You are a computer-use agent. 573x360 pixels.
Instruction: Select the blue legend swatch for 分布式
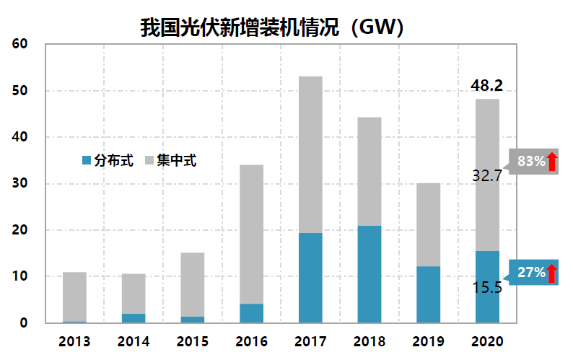(87, 160)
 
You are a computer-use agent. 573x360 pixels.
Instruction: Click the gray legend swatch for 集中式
(150, 160)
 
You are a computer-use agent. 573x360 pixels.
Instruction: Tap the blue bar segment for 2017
(310, 278)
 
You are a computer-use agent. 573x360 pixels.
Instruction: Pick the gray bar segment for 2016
(251, 234)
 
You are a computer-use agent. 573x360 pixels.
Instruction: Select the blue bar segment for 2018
(369, 274)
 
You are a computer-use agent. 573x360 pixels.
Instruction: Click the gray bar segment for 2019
(428, 224)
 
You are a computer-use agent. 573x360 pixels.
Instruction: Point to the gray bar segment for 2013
(74, 297)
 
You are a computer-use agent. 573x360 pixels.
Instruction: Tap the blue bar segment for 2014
(134, 318)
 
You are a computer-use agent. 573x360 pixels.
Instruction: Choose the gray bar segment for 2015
(192, 284)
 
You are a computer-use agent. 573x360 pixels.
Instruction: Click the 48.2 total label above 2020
(486, 86)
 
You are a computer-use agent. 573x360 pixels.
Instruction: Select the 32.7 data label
(487, 175)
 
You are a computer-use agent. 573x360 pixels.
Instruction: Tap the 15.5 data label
(487, 288)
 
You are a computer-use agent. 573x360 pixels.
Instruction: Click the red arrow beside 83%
(552, 162)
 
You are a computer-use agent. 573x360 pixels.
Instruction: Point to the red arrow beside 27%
(552, 273)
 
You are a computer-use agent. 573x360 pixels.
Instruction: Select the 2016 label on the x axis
(251, 341)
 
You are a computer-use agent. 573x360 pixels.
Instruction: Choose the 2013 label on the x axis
(74, 341)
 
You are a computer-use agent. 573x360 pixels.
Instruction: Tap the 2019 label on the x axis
(428, 341)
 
